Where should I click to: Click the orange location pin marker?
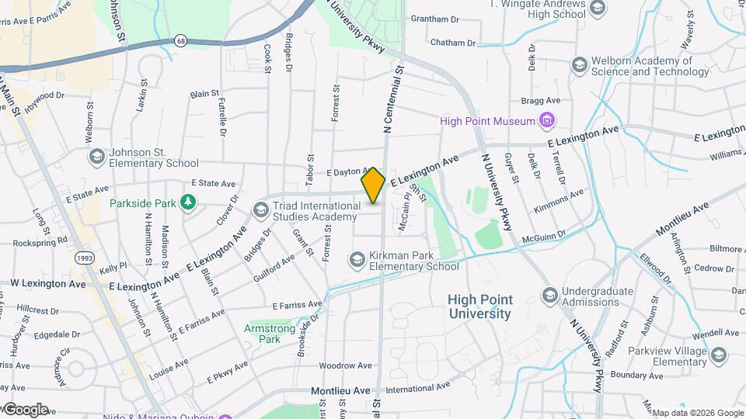pyautogui.click(x=373, y=185)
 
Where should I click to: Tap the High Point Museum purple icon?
pyautogui.click(x=548, y=120)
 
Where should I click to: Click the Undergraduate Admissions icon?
pyautogui.click(x=550, y=296)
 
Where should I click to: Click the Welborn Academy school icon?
pyautogui.click(x=578, y=65)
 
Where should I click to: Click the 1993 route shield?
pyautogui.click(x=84, y=257)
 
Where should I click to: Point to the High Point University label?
pyautogui.click(x=479, y=306)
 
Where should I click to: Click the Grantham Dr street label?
pyautogui.click(x=435, y=19)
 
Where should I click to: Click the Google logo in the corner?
pyautogui.click(x=25, y=409)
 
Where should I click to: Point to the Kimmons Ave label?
pyautogui.click(x=558, y=200)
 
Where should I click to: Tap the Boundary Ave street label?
pyautogui.click(x=635, y=375)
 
